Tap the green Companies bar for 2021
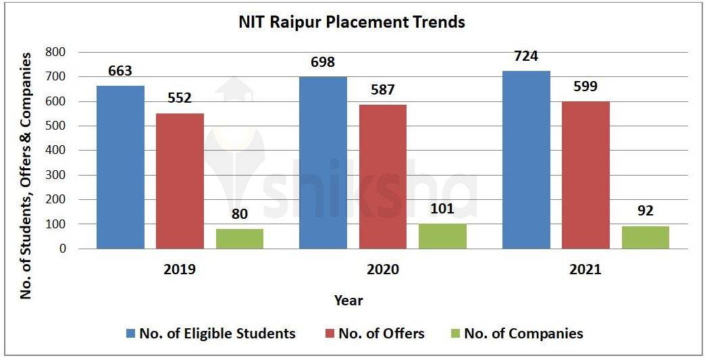[x=645, y=237]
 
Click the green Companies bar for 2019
[x=240, y=239]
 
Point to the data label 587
[x=382, y=89]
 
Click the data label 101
[x=443, y=209]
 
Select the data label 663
[x=120, y=71]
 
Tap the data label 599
[x=585, y=86]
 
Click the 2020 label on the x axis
[x=382, y=269]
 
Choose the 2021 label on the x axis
[x=585, y=269]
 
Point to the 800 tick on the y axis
[x=56, y=53]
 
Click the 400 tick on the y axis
[x=56, y=151]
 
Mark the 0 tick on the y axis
[x=62, y=249]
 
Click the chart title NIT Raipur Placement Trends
[x=352, y=22]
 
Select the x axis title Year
[x=348, y=300]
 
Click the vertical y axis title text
[x=26, y=178]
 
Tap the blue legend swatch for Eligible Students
[x=131, y=334]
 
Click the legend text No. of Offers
[x=382, y=334]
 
